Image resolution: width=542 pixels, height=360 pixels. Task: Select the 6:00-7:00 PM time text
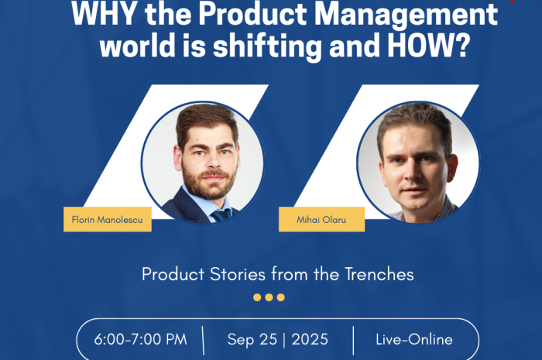pos(139,340)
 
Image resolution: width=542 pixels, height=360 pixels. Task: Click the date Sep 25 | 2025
pos(278,340)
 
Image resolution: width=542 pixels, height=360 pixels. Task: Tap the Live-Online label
pos(414,340)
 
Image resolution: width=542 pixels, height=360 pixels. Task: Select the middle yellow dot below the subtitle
pos(269,297)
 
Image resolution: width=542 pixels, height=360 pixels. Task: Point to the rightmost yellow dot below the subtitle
pos(281,297)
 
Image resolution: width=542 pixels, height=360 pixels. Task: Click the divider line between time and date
pos(203,340)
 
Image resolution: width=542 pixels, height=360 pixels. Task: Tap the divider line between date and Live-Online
pos(353,340)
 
